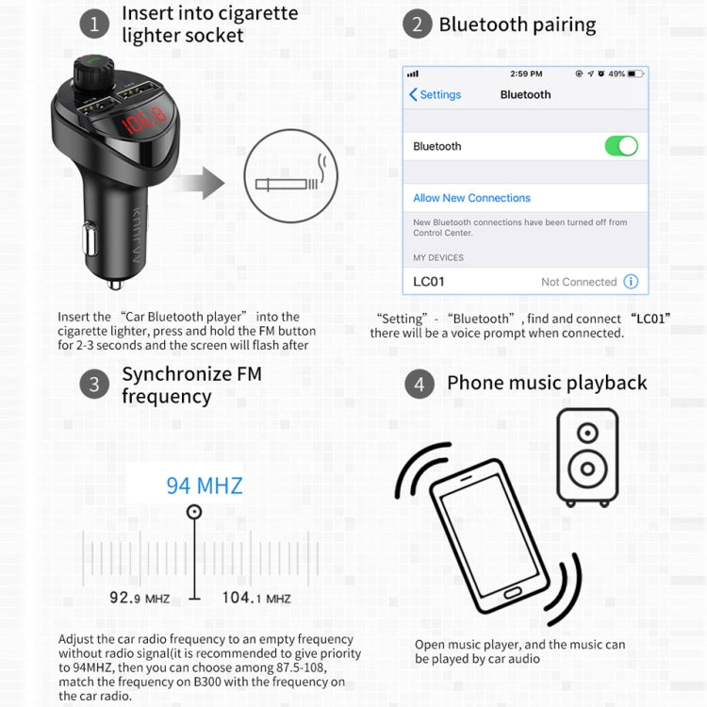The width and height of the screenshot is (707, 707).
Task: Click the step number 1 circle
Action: point(94,24)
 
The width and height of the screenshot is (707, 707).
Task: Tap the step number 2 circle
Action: point(417,24)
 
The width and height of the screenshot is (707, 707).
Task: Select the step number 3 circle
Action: point(94,385)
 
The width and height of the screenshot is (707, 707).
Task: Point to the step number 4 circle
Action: point(419,385)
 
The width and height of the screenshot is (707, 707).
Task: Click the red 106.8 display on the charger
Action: point(144,121)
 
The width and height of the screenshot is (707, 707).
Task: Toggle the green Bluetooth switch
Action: point(621,146)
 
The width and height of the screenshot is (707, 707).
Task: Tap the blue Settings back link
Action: point(436,94)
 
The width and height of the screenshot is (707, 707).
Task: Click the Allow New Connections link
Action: point(471,198)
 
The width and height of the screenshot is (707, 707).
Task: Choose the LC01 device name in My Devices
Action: point(429,282)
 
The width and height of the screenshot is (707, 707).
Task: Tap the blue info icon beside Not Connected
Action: point(631,282)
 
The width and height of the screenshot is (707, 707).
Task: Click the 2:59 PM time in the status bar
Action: point(526,74)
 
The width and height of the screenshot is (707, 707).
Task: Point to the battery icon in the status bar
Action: point(635,74)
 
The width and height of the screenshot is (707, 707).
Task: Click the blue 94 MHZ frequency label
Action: point(205,486)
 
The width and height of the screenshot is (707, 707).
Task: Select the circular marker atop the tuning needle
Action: point(194,512)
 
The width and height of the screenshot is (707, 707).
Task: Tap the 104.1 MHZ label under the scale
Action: point(256,598)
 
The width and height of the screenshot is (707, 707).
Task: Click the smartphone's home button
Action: point(513,593)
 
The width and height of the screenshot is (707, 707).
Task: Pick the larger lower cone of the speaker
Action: point(587,469)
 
